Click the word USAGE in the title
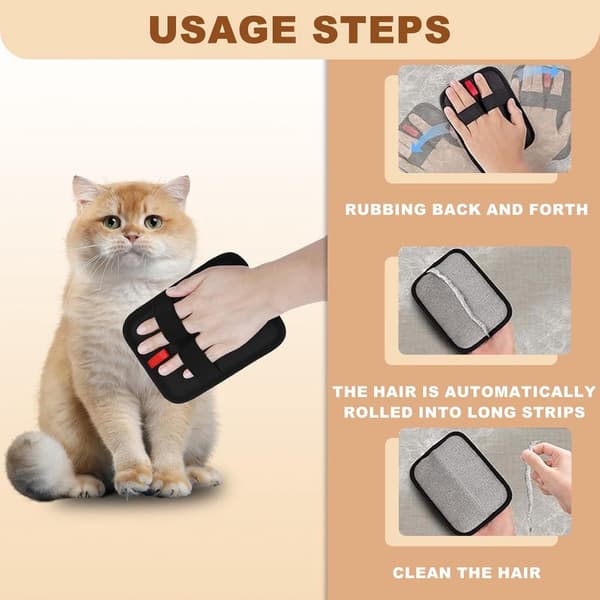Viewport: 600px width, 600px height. (222, 29)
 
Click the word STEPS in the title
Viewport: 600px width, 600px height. (382, 29)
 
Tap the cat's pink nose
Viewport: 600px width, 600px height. (132, 237)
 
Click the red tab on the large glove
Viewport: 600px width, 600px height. (158, 359)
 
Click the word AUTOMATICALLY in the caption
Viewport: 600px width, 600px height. (520, 392)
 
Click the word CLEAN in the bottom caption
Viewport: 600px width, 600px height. (422, 573)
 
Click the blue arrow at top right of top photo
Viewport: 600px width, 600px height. (543, 71)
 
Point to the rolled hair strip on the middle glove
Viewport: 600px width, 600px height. (460, 301)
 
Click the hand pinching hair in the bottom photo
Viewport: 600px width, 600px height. (547, 473)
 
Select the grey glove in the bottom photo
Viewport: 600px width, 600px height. (460, 480)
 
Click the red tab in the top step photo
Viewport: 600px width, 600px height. (471, 89)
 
